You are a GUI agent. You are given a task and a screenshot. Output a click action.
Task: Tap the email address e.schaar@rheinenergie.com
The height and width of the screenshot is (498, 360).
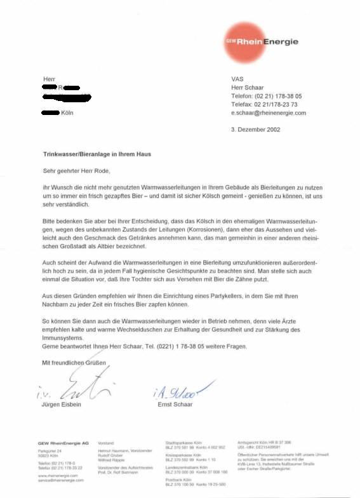click(269, 112)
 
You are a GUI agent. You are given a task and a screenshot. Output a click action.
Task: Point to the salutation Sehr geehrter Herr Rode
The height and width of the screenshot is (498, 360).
click(74, 171)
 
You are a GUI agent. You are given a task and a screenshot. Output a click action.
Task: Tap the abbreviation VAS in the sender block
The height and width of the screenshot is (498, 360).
click(238, 79)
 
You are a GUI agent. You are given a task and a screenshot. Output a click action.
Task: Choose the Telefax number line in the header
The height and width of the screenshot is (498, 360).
click(264, 104)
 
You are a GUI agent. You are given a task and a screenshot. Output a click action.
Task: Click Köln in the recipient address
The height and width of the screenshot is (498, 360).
click(68, 112)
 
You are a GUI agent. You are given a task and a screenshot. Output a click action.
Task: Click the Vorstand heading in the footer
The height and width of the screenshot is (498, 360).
click(106, 442)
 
